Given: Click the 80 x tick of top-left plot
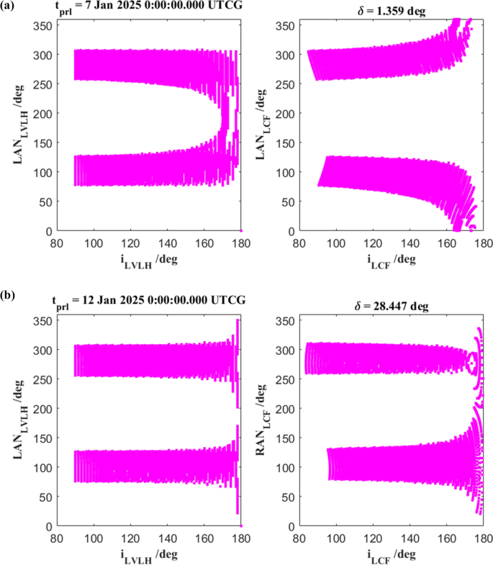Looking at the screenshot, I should click(x=56, y=242).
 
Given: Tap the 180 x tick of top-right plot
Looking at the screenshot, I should click(x=482, y=242).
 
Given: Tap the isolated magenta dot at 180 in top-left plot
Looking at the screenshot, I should click(x=241, y=230).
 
